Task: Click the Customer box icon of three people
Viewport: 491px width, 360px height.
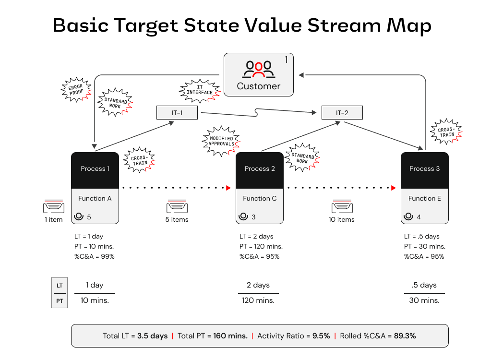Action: pos(258,69)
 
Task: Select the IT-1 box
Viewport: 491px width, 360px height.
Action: pos(177,113)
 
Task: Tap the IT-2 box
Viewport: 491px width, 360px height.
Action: pos(342,113)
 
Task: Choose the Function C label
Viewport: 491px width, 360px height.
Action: pos(260,198)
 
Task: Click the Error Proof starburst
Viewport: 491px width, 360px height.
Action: pos(76,89)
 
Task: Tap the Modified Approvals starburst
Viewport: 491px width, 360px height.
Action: pos(221,141)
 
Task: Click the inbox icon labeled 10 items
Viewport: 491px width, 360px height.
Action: pos(342,207)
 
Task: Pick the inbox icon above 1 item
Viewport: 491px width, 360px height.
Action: pos(53,207)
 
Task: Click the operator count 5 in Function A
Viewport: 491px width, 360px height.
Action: pos(89,217)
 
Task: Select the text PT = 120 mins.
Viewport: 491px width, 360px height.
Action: pos(261,246)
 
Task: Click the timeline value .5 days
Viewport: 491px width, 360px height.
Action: pos(424,285)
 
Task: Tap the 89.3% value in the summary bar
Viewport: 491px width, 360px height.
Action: pos(405,336)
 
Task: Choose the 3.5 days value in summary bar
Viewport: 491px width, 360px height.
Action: pos(152,336)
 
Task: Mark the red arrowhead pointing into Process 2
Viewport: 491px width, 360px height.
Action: pos(229,188)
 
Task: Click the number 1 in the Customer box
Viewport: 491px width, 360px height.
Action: pos(286,60)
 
